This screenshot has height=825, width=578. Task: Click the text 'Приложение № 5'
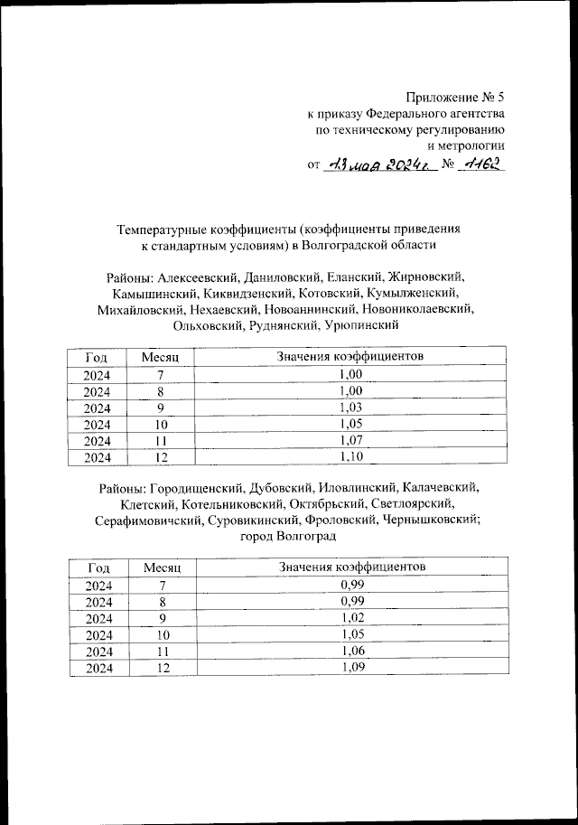point(455,97)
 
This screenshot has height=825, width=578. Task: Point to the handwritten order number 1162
point(480,164)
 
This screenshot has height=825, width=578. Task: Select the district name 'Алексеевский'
point(202,277)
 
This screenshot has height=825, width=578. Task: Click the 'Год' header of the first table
point(97,359)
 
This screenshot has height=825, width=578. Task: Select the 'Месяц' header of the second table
point(163,567)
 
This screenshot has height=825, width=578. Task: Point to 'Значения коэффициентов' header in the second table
point(351,567)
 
